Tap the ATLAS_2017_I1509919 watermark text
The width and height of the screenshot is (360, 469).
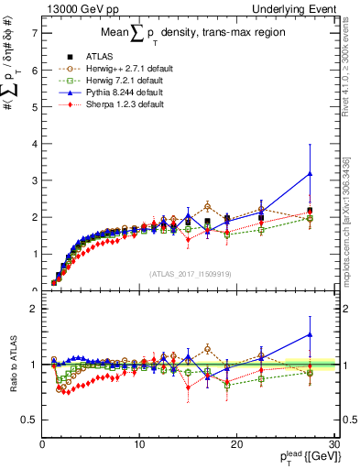(x=190, y=273)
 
